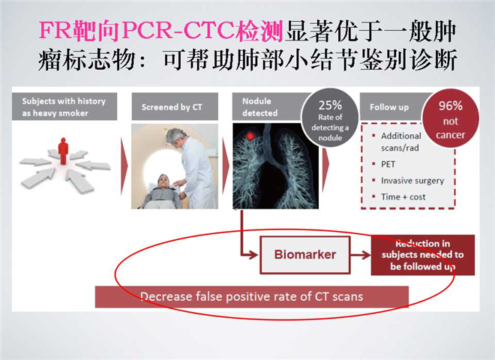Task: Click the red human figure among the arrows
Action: click(x=64, y=150)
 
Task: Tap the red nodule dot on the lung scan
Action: click(x=250, y=136)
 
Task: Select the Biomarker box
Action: click(x=305, y=254)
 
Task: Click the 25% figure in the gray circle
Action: click(x=330, y=105)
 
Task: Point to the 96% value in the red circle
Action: click(x=451, y=106)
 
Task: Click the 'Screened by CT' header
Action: click(x=172, y=107)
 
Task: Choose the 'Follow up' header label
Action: click(x=389, y=107)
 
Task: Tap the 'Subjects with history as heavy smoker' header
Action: click(x=64, y=106)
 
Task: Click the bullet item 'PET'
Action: click(x=388, y=164)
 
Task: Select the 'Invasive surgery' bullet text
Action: click(x=412, y=181)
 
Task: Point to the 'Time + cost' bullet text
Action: click(x=403, y=196)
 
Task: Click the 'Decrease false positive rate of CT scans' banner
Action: click(x=251, y=297)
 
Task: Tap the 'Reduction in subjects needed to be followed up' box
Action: click(x=423, y=255)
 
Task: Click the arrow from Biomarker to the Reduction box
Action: click(x=361, y=255)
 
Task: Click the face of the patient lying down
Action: click(x=163, y=181)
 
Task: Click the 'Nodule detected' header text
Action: click(x=259, y=107)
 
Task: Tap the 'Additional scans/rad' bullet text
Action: click(x=401, y=142)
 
